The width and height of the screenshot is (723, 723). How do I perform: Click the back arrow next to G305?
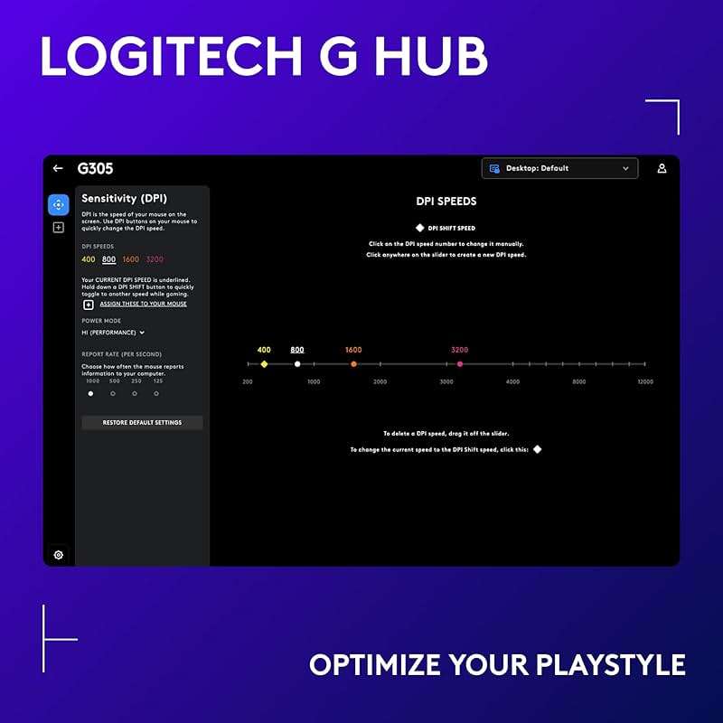(x=58, y=168)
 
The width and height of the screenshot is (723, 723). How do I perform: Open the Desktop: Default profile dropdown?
(x=559, y=168)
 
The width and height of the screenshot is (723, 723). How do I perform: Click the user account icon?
(x=662, y=168)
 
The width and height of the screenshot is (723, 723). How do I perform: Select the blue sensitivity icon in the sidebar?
(x=58, y=204)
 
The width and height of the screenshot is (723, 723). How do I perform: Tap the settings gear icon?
(x=59, y=554)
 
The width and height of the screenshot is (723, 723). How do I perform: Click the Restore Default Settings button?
(x=142, y=422)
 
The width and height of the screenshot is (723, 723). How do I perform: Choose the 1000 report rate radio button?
(x=90, y=393)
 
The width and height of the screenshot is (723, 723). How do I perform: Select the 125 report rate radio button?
(x=157, y=393)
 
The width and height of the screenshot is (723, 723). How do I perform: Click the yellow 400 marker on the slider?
(x=264, y=364)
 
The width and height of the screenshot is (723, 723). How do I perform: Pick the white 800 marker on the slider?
(x=297, y=364)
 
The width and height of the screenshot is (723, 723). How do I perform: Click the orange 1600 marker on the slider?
(x=353, y=364)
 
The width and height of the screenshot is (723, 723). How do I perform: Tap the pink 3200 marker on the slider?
(x=460, y=364)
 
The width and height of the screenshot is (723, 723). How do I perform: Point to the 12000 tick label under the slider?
(x=644, y=382)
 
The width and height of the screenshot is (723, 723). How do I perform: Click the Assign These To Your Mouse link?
(x=143, y=304)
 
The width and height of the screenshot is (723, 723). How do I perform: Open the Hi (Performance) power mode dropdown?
(x=113, y=333)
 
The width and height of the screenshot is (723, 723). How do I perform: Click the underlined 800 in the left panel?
(x=109, y=259)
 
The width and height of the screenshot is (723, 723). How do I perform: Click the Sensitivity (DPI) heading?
(x=124, y=198)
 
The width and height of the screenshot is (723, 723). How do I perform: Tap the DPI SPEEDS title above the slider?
(x=446, y=201)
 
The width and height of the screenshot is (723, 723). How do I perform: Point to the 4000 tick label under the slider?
(x=512, y=382)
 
